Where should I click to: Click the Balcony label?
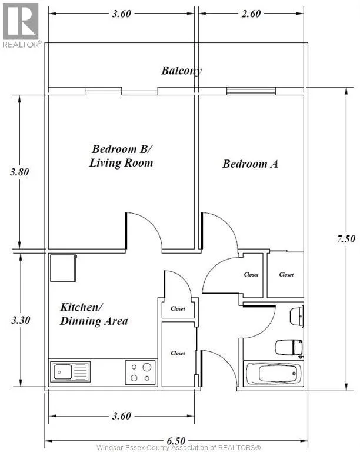[x=181, y=71]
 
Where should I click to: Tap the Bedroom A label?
[x=250, y=164]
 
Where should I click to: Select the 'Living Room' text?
[x=121, y=163]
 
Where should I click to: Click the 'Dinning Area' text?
[x=94, y=321]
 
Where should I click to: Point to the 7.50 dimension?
[x=346, y=239]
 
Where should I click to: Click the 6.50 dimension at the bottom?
[x=176, y=441]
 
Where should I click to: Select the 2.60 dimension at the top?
[x=251, y=14]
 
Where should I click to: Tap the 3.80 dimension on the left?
[x=19, y=172]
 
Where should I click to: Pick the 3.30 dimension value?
[x=21, y=320]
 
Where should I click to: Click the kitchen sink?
[x=70, y=372]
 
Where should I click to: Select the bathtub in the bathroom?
[x=272, y=374]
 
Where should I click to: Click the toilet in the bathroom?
[x=289, y=348]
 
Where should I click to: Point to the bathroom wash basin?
[x=296, y=317]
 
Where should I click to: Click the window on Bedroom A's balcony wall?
[x=251, y=91]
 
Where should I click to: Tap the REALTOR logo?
[x=21, y=25]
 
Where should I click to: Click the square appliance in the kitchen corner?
[x=64, y=268]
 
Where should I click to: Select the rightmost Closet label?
[x=286, y=275]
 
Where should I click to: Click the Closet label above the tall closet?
[x=178, y=309]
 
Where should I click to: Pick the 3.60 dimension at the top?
[x=122, y=14]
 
